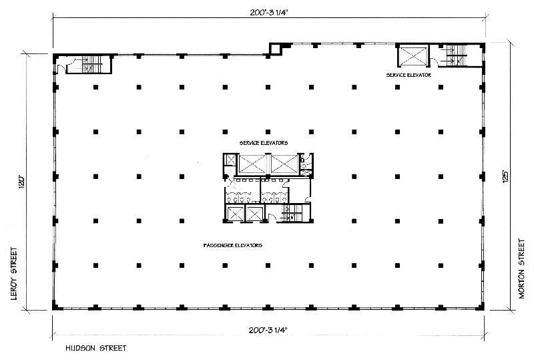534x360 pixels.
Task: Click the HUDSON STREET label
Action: (x=95, y=348)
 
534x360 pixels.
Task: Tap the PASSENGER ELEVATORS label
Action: (x=232, y=246)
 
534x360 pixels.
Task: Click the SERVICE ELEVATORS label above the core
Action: (x=264, y=143)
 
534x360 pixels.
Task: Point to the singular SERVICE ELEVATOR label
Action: (x=409, y=75)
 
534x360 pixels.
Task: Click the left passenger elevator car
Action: (x=236, y=214)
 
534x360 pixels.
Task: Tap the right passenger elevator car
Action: (x=255, y=214)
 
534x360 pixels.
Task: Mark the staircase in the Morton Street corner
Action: (x=458, y=54)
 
